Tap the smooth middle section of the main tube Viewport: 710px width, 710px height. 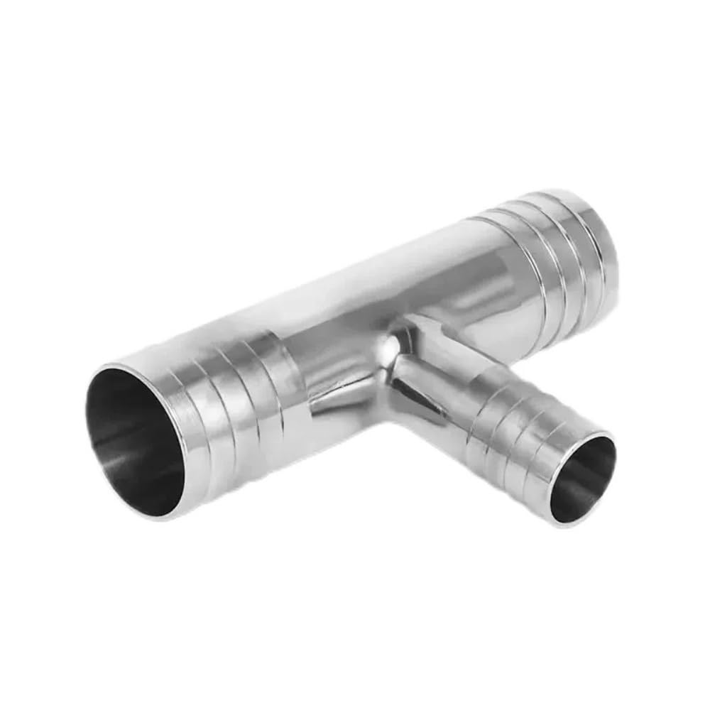[390, 284]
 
